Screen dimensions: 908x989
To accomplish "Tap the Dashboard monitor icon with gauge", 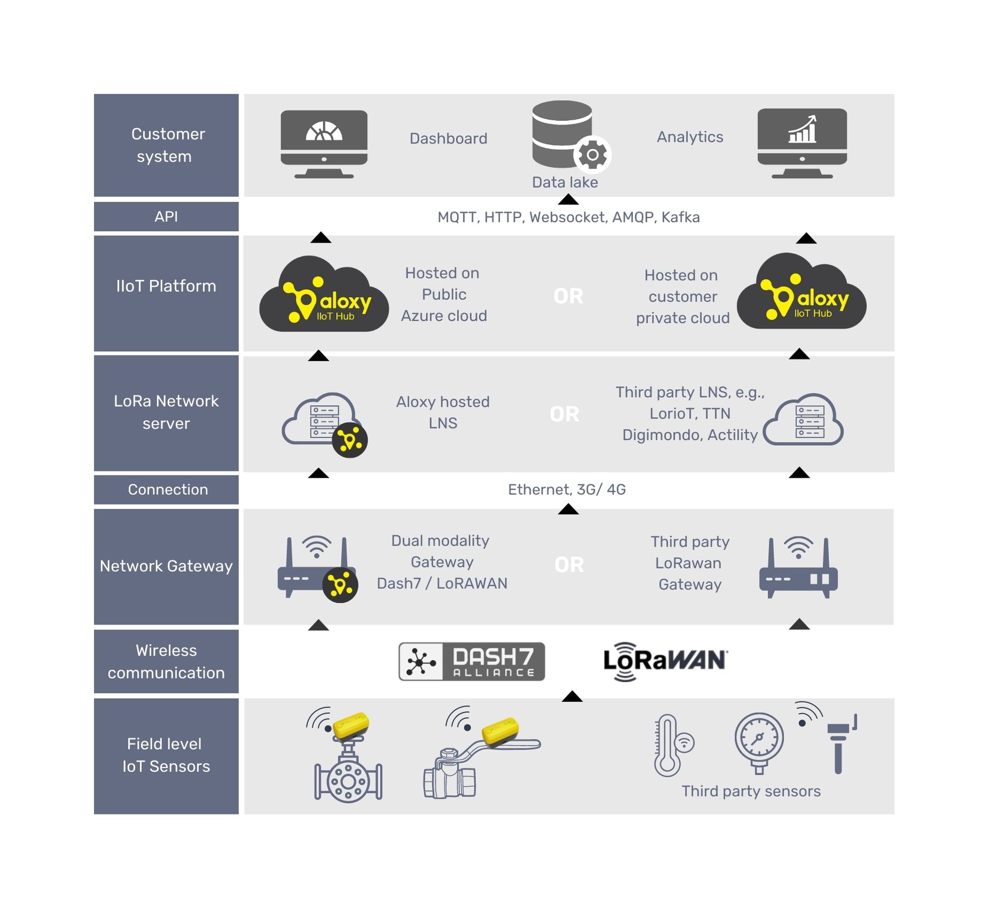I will point(324,143).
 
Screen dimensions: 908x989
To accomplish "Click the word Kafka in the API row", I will point(680,217).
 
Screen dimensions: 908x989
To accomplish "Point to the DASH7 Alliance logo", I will point(471,661).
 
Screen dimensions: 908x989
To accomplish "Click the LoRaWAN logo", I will point(665,661).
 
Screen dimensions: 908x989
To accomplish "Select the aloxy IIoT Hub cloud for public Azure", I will point(324,296).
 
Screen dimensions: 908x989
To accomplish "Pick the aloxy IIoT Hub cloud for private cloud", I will point(801,293).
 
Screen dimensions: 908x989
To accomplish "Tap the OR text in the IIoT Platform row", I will point(568,296).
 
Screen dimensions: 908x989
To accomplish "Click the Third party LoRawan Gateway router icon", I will point(798,569).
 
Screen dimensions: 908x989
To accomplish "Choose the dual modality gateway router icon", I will point(316,569).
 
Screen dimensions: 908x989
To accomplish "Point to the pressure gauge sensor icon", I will point(759,742).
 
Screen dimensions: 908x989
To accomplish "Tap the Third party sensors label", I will point(750,791).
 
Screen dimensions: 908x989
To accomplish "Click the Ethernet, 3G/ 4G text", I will point(566,490).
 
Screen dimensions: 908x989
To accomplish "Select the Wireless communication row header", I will point(166,661).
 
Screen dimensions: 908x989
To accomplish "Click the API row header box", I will point(166,216).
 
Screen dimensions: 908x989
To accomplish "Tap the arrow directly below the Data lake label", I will point(568,200).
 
